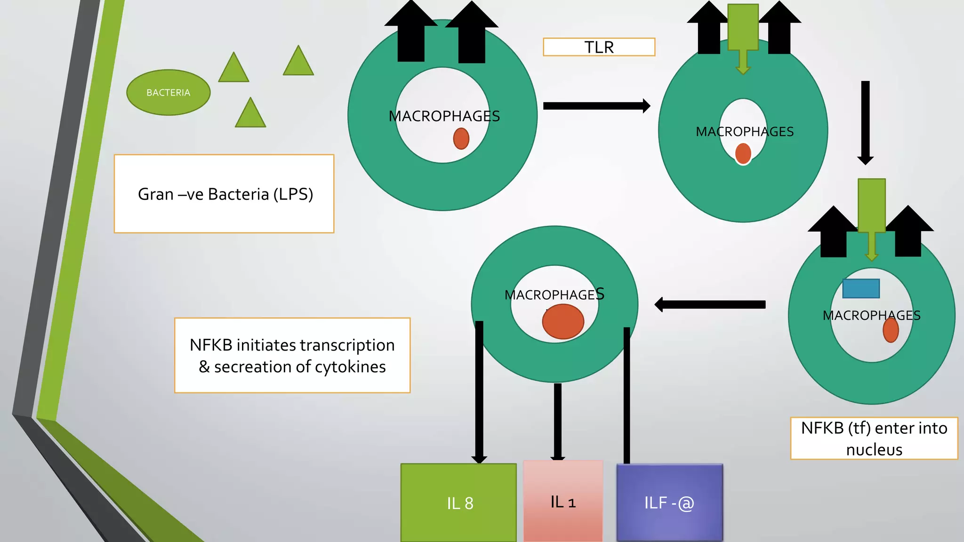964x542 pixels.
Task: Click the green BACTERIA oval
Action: [x=168, y=93]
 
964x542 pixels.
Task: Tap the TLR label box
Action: [x=599, y=47]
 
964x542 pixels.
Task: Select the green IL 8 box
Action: [x=458, y=502]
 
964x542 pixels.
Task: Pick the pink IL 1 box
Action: [x=563, y=501]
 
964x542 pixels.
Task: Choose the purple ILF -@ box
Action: [x=669, y=502]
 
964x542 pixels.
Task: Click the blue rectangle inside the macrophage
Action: [x=861, y=288]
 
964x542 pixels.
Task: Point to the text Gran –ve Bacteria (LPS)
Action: [x=225, y=194]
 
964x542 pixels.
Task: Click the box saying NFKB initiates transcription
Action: [x=292, y=355]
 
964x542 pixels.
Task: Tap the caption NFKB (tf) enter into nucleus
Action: [x=874, y=438]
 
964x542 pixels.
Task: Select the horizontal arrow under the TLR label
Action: [x=596, y=106]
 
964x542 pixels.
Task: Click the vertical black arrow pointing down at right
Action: [x=865, y=122]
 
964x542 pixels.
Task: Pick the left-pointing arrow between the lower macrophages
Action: [x=710, y=305]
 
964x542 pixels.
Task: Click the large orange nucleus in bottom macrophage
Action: [x=563, y=321]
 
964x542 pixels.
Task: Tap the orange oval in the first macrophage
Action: [x=461, y=138]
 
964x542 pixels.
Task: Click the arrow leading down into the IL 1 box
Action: [x=558, y=421]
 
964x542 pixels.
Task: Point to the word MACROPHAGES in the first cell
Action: [x=444, y=116]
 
